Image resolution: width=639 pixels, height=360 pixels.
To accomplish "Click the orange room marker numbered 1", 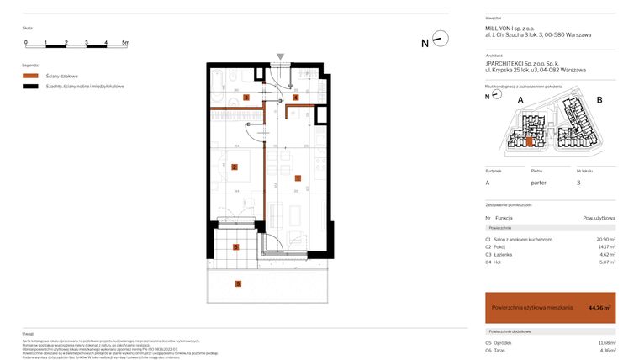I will pyautogui.click(x=298, y=178).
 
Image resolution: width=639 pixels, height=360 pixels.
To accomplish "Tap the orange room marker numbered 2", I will pyautogui.click(x=235, y=167).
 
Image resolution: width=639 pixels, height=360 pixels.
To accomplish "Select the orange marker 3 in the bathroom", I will pyautogui.click(x=246, y=98).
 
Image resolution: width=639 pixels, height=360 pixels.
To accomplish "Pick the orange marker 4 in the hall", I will pyautogui.click(x=295, y=98).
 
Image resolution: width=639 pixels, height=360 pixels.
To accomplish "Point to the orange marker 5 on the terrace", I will pyautogui.click(x=239, y=284).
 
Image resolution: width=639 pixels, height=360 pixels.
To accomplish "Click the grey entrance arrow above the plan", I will pyautogui.click(x=280, y=57).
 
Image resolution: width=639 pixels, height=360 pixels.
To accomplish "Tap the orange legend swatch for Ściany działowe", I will pyautogui.click(x=30, y=76).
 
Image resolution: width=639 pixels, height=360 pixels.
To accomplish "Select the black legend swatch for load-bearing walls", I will pyautogui.click(x=30, y=86).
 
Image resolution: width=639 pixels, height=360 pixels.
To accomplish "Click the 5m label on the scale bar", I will pyautogui.click(x=125, y=41).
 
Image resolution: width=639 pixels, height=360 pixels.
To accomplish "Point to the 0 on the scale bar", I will pyautogui.click(x=26, y=41).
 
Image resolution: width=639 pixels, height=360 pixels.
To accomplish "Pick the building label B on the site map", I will pyautogui.click(x=599, y=100).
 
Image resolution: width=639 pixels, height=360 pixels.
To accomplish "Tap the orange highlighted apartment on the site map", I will pyautogui.click(x=530, y=141).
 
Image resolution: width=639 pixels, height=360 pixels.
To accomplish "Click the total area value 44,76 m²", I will pyautogui.click(x=599, y=308).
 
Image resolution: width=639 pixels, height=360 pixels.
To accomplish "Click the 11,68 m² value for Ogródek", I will pyautogui.click(x=605, y=343).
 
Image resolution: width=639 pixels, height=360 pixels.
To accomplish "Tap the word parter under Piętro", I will pyautogui.click(x=539, y=183).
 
